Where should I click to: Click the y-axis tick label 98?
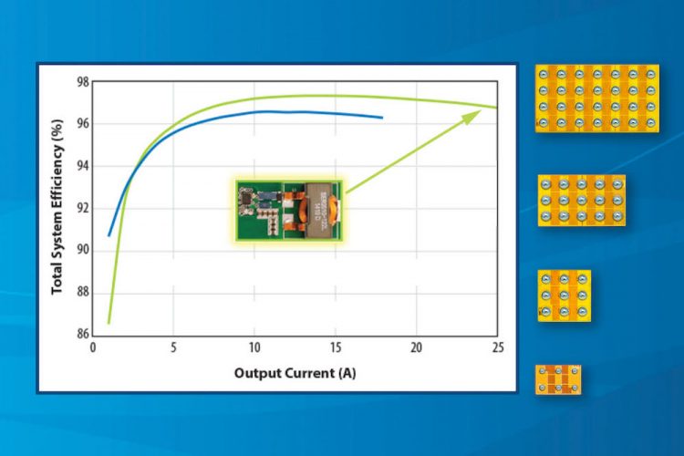tap(81, 82)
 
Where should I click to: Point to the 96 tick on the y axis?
tap(81, 124)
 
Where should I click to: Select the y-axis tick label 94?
tap(81, 166)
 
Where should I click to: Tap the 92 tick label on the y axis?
tap(81, 208)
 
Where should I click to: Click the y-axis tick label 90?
tap(81, 250)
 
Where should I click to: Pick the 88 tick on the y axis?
tap(81, 292)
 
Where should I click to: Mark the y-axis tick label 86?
tap(81, 334)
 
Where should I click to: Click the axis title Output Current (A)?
tap(294, 373)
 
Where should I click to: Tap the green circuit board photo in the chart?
tap(285, 210)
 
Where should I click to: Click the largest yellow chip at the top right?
tap(596, 98)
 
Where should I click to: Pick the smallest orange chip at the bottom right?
tap(558, 379)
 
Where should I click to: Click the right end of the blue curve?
tap(382, 118)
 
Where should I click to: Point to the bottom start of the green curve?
tap(109, 322)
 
